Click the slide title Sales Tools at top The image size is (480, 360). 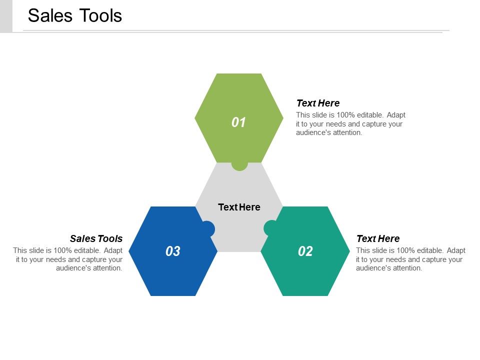point(75,15)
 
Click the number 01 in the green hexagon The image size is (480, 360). point(238,122)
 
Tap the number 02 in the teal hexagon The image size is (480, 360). point(305,251)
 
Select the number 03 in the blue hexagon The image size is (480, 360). point(172,251)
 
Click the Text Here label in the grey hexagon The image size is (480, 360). point(239,207)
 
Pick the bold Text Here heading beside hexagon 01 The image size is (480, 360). point(318,103)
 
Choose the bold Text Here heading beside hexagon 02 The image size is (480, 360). point(378,238)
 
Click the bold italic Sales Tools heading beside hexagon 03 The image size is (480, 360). point(96,238)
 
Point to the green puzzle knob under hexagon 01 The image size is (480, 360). point(239,166)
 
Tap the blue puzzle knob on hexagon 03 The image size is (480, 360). point(209,228)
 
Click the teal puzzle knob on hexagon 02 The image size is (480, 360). point(268,228)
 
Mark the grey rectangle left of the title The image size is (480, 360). point(6,16)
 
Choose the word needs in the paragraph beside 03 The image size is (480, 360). point(55,259)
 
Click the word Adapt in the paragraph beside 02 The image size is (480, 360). point(456,250)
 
